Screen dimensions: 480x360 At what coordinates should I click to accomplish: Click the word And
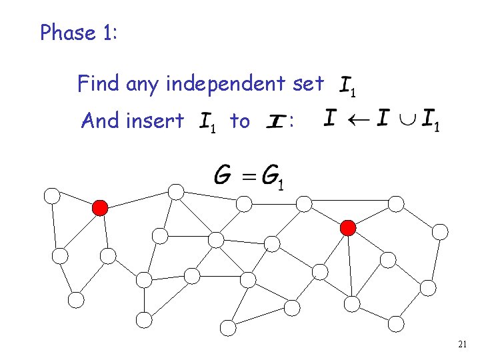(x=98, y=121)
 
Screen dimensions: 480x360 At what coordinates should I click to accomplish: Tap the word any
(x=143, y=85)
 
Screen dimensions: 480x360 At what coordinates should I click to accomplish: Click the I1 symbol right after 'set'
(x=350, y=86)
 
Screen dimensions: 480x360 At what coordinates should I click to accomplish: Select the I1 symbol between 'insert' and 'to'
(x=208, y=123)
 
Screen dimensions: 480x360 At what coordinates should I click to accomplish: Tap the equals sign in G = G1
(x=248, y=177)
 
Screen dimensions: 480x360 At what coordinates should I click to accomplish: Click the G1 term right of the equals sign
(x=273, y=177)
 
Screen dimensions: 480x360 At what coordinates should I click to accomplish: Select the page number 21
(x=462, y=345)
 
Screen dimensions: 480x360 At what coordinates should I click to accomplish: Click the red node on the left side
(x=100, y=208)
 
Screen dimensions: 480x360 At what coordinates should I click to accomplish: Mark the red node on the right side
(x=348, y=228)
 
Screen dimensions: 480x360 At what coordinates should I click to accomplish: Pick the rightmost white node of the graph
(x=440, y=231)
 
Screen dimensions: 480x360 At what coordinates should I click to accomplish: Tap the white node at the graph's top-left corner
(x=52, y=196)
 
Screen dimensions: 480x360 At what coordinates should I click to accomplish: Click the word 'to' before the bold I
(x=239, y=121)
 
